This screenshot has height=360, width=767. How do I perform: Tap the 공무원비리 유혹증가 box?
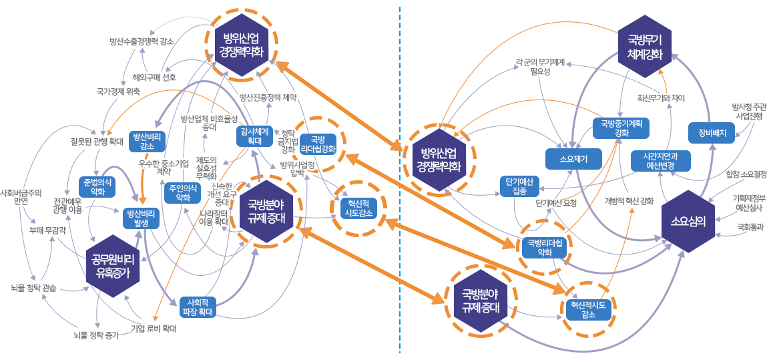pos(113,265)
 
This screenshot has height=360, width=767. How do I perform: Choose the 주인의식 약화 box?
pos(182,192)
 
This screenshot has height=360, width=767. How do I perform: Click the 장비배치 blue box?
pos(712,132)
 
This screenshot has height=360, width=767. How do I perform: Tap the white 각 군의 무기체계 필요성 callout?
pos(540,66)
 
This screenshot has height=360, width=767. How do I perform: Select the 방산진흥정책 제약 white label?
pos(267,97)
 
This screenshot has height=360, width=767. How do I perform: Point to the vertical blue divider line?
pos(399,180)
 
